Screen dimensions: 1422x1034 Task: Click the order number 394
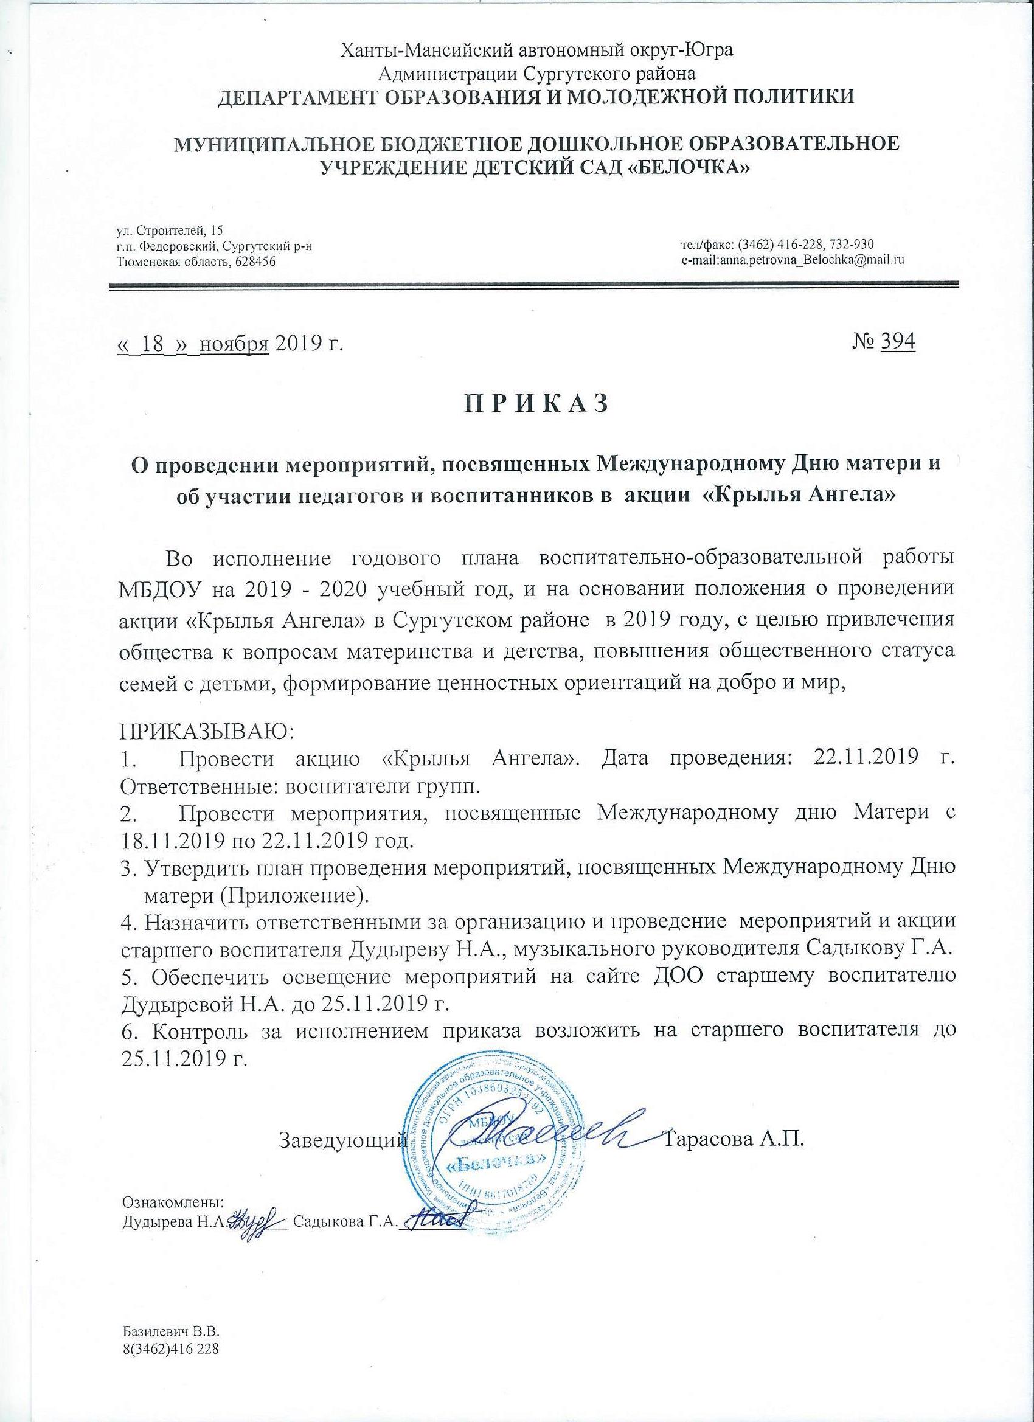tap(897, 343)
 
